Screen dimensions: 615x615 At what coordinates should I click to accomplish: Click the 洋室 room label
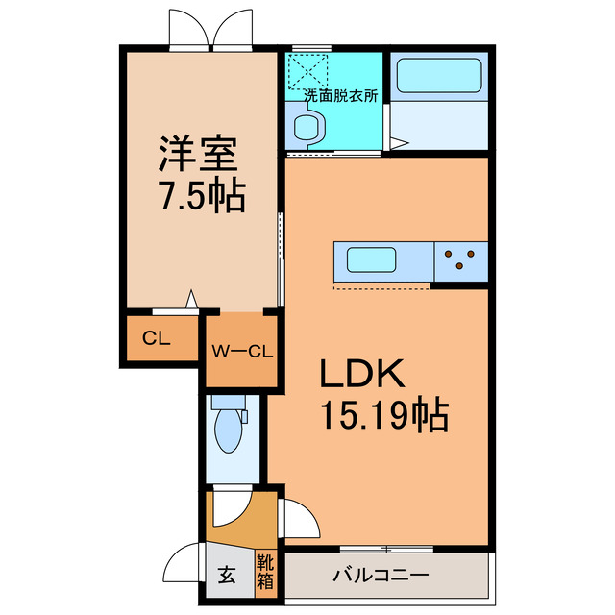tap(199, 154)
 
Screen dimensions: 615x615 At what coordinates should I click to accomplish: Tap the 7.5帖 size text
tap(201, 196)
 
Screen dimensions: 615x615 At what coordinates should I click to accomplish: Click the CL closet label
tap(157, 337)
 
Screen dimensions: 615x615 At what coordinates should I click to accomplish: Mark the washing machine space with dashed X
tap(309, 69)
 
